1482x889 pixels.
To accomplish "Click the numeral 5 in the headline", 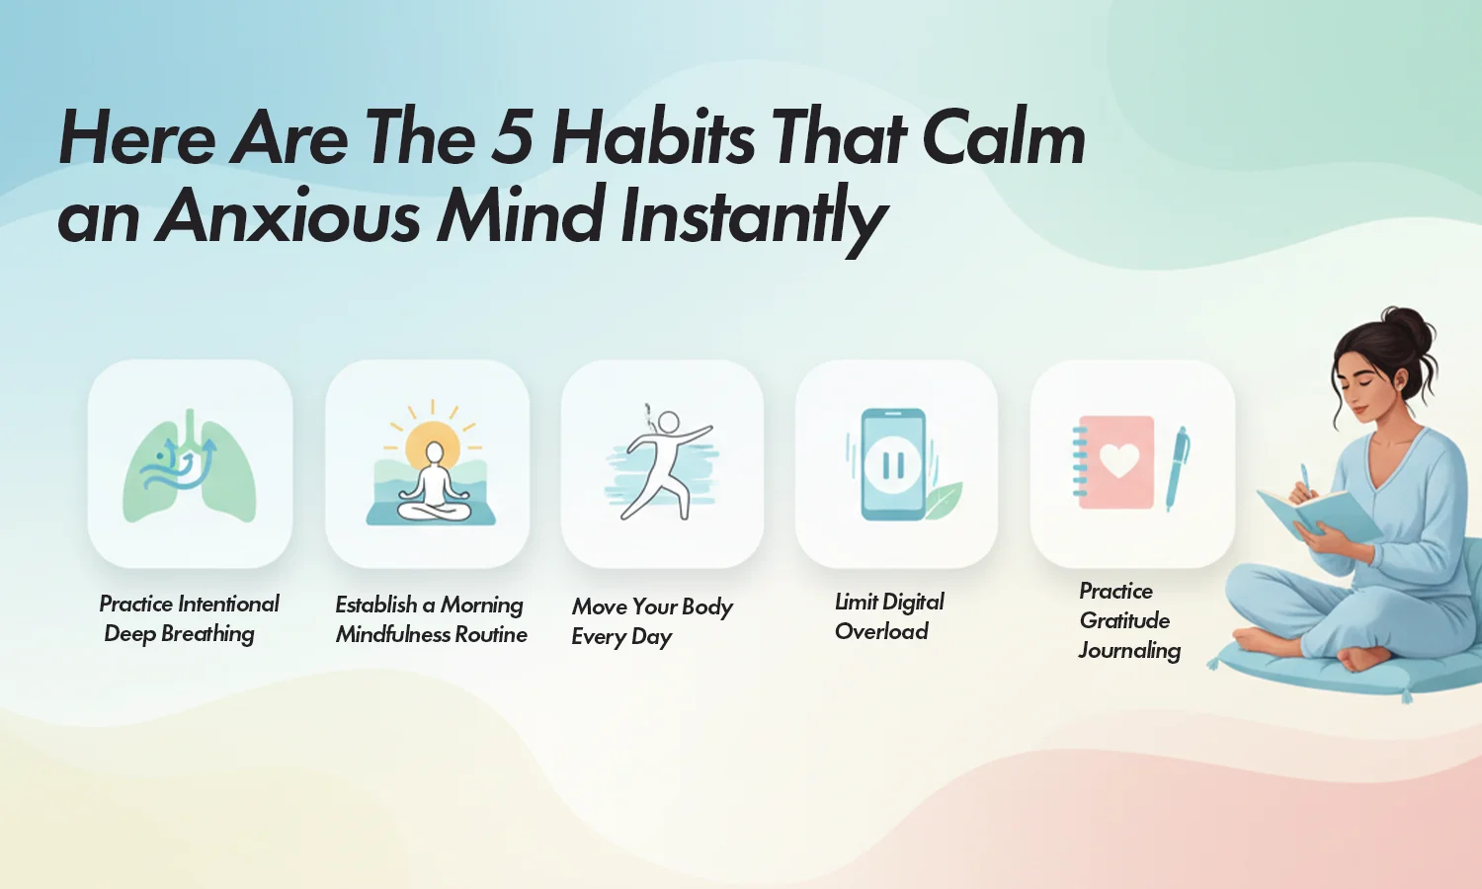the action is (x=512, y=138).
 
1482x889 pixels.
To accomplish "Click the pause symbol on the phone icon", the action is (x=892, y=465).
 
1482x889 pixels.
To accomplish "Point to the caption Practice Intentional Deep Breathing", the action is (x=190, y=618).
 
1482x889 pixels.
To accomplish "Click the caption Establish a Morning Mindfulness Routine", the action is (x=431, y=619).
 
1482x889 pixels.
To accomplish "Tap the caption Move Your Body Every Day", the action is (x=652, y=621).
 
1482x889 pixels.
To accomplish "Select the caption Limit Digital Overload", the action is (x=889, y=616).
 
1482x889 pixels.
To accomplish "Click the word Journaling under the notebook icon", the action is (x=1129, y=650).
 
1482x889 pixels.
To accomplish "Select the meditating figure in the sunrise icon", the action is (x=434, y=484).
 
